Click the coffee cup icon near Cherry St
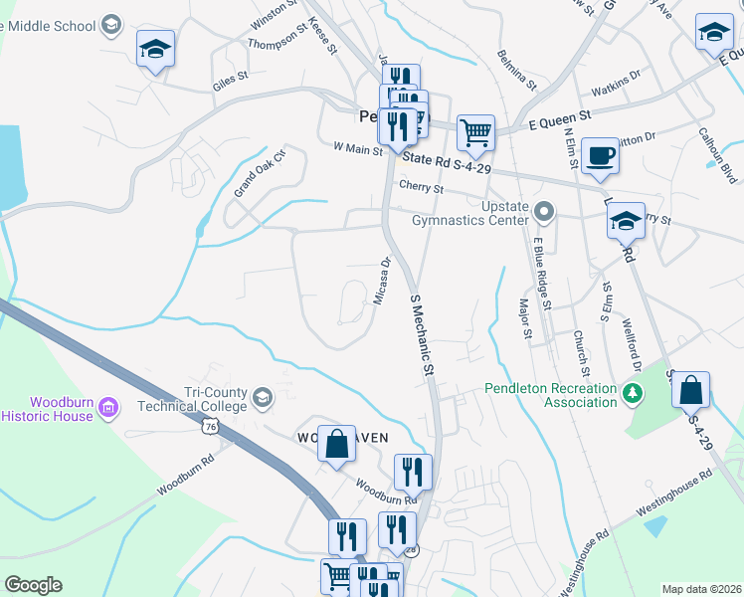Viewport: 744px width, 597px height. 599,157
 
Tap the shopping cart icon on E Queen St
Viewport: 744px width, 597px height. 476,132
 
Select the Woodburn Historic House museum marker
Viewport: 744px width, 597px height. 109,406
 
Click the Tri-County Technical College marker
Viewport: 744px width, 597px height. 262,398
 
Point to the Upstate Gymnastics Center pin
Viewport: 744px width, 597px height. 543,212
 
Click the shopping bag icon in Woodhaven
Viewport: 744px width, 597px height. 337,443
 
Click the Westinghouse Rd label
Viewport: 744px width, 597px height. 674,493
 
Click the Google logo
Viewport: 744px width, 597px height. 33,585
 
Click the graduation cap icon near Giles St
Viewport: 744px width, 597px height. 155,49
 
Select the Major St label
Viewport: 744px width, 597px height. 526,317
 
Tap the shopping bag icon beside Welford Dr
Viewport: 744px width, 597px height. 691,390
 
